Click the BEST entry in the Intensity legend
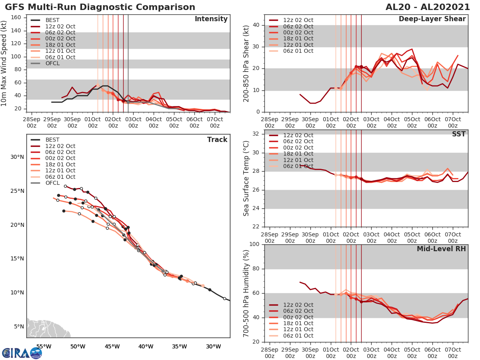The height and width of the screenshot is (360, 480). (x=52, y=20)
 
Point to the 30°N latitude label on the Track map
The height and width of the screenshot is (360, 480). (x=17, y=157)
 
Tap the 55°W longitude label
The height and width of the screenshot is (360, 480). (x=44, y=346)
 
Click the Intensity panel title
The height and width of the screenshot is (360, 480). (x=211, y=19)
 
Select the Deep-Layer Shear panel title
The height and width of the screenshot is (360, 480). (x=432, y=19)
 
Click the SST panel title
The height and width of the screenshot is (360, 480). (x=459, y=134)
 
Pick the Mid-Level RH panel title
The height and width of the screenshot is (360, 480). (x=441, y=249)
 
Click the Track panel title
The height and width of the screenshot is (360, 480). (x=217, y=140)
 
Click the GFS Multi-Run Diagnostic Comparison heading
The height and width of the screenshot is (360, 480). (x=100, y=7)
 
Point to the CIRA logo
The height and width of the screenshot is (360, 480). (x=22, y=353)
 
